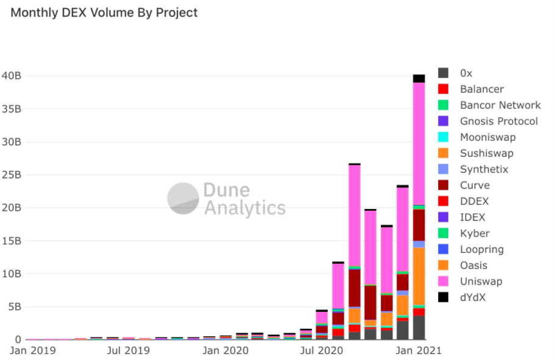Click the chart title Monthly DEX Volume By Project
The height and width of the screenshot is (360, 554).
104,13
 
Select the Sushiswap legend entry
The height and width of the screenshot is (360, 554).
486,154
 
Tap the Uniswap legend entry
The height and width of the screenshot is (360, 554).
481,281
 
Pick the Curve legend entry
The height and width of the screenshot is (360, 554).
474,185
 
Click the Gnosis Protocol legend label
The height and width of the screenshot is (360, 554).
499,121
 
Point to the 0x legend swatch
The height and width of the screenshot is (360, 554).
444,73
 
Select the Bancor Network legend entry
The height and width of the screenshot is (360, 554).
500,105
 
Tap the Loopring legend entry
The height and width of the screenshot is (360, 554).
481,249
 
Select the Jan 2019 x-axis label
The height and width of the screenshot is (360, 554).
32,351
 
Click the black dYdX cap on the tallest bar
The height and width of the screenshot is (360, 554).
419,79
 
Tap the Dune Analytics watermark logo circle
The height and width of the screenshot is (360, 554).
183,198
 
